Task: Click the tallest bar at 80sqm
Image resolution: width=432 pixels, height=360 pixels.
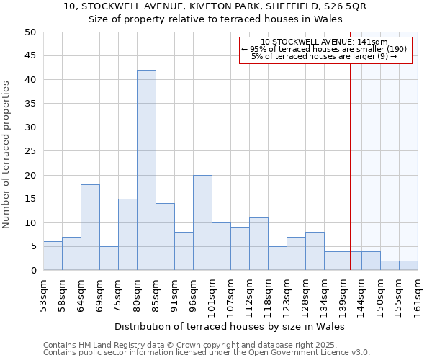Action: tap(146, 170)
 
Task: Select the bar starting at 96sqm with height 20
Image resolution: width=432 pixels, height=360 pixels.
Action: tap(202, 222)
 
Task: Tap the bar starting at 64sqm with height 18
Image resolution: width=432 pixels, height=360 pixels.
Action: tap(90, 228)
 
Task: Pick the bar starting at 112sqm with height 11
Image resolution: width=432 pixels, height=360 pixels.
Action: tap(258, 244)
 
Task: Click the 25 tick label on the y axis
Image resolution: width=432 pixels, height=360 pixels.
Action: tap(30, 151)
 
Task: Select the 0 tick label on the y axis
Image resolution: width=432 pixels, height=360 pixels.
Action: tap(33, 271)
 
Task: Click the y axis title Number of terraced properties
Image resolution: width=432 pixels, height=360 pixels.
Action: tap(7, 154)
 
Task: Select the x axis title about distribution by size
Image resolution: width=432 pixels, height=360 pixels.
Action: tap(230, 326)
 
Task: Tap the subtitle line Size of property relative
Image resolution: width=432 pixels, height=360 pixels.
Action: tap(215, 19)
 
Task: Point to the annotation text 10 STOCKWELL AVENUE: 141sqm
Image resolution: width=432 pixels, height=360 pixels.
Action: tap(324, 42)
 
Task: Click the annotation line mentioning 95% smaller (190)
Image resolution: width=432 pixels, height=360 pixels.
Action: tap(324, 49)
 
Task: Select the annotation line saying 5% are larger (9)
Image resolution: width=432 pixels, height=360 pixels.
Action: tap(324, 57)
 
